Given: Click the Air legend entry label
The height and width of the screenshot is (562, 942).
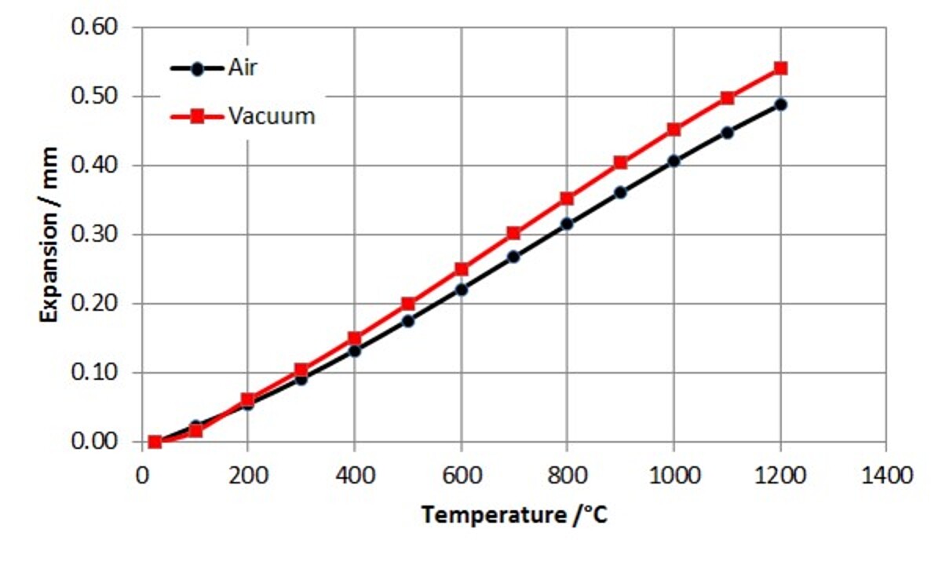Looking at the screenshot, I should coord(243,68).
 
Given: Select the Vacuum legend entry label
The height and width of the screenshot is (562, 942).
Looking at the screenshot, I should coord(272,116).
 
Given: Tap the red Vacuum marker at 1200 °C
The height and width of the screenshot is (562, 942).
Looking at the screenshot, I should coord(780,68).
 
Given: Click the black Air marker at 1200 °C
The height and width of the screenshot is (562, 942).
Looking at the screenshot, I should coord(780,104).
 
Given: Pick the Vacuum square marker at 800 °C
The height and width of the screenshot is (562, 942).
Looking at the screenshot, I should coord(567,199).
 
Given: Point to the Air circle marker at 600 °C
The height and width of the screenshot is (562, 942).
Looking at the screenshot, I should coord(461,290).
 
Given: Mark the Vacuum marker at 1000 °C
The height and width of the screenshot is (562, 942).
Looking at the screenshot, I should coord(674,130).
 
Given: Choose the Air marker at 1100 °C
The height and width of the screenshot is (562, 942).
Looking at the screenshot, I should coord(727,133).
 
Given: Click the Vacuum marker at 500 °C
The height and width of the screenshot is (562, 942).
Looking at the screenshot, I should coord(407,304).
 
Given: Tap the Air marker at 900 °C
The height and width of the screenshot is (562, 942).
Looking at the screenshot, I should coord(620,192).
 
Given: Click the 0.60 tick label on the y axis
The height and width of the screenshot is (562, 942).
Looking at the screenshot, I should coord(94,27).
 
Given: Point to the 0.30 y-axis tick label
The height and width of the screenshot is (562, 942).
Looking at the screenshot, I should coord(94,235).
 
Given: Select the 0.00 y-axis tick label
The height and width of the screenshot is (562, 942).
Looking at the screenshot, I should coord(94,442).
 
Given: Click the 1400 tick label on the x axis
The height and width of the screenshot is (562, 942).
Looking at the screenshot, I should coord(886,476).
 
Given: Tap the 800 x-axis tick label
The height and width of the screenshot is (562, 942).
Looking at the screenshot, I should coord(567,476).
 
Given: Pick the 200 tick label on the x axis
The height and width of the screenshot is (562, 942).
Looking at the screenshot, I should coord(247,476).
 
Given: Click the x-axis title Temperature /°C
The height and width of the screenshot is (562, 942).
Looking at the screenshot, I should coord(513,516).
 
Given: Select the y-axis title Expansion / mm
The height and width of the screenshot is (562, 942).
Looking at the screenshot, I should coord(49,234).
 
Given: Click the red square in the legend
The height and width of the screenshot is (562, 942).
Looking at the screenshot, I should coord(197,116).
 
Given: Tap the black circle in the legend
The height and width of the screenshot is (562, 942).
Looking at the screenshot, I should coord(197,68).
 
